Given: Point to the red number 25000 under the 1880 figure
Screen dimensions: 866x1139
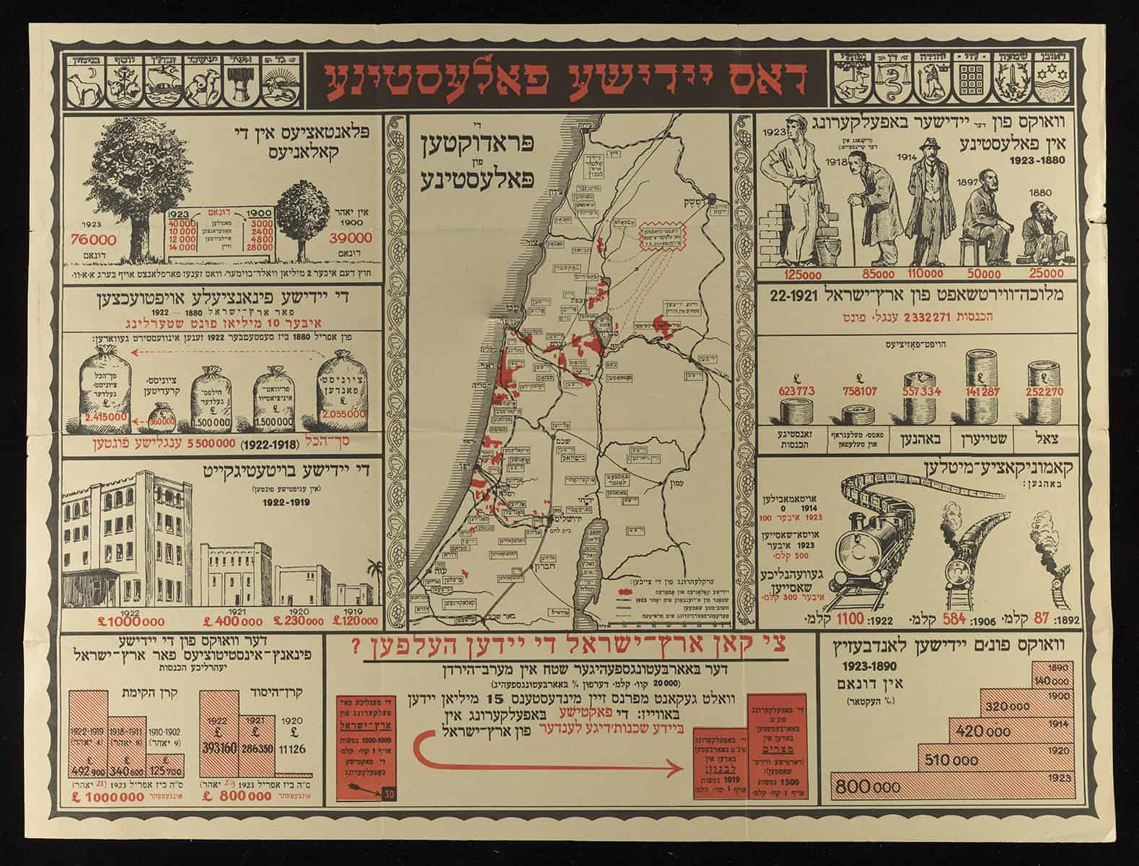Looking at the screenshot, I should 1040,274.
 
